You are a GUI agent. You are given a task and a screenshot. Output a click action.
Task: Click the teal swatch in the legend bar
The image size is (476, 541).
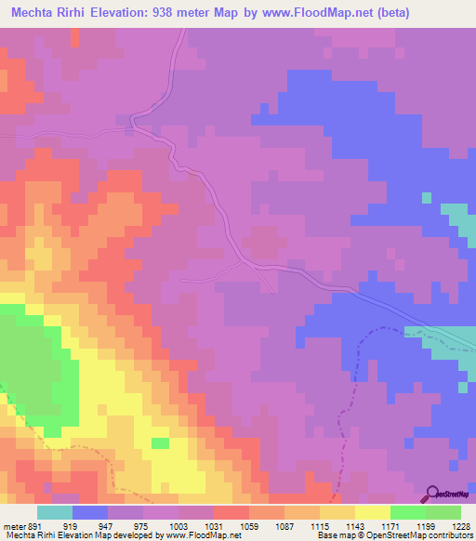coord(55,512)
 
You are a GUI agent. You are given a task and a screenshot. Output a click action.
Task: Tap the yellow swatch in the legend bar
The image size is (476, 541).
coord(372,512)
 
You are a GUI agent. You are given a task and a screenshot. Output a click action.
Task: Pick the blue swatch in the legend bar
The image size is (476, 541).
coord(90,512)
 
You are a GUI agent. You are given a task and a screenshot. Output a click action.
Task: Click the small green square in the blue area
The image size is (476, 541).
coord(427,197)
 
